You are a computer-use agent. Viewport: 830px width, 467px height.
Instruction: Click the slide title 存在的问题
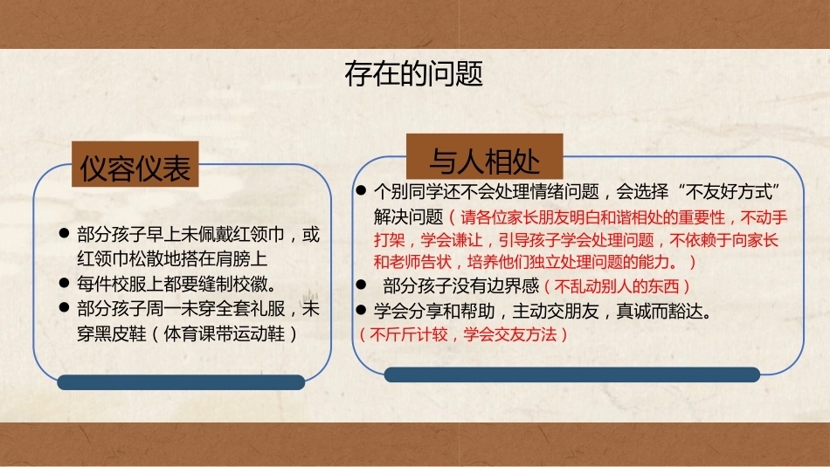pyautogui.click(x=413, y=73)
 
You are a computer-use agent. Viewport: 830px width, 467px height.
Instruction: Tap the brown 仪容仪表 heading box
pyautogui.click(x=135, y=164)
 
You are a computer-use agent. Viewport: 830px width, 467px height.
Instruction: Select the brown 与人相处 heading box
pyautogui.click(x=484, y=156)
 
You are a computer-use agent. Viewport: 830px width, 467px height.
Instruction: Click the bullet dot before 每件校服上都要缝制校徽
pyautogui.click(x=64, y=283)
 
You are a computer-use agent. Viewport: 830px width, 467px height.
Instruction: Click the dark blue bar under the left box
pyautogui.click(x=181, y=382)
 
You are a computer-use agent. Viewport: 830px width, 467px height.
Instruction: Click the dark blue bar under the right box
pyautogui.click(x=571, y=374)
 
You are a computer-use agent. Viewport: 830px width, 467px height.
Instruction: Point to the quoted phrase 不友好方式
pyautogui.click(x=730, y=191)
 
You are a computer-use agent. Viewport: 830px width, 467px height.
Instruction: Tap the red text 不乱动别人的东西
pyautogui.click(x=617, y=286)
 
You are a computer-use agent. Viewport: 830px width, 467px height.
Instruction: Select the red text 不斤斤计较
pyautogui.click(x=409, y=334)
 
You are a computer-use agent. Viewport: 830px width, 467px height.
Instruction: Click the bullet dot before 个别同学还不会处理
pyautogui.click(x=362, y=190)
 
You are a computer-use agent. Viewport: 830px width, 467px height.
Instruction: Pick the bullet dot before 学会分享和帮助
pyautogui.click(x=362, y=311)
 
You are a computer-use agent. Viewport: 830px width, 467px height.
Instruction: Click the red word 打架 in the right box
pyautogui.click(x=389, y=240)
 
